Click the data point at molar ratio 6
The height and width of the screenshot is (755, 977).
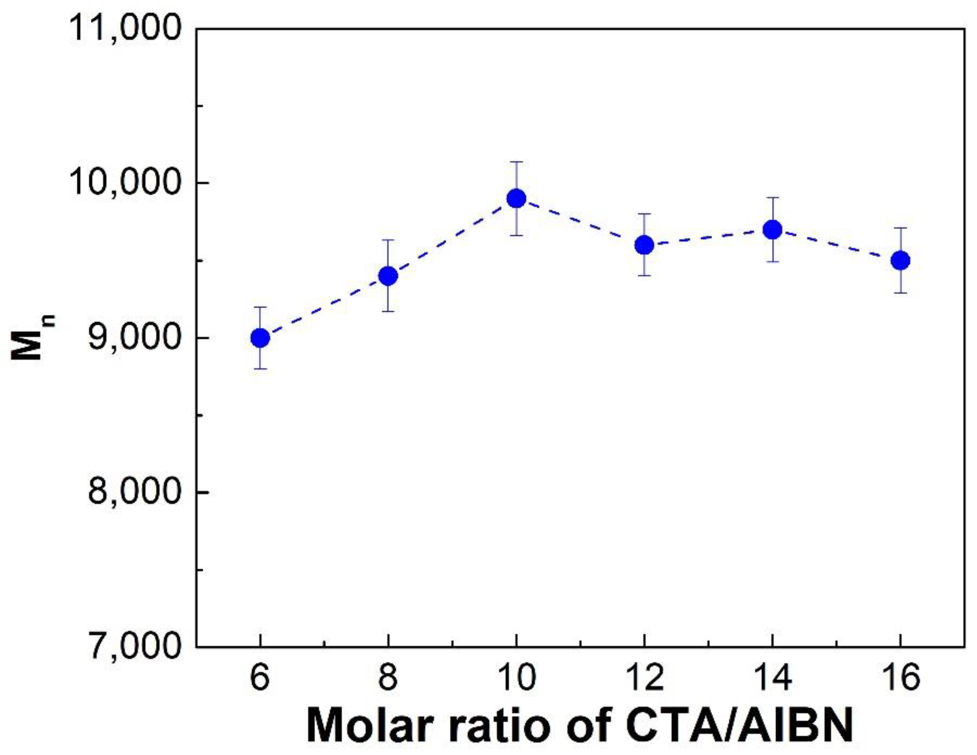[x=260, y=338]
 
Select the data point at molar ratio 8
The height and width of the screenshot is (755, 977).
[x=388, y=276]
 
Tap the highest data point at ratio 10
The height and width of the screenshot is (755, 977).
[x=516, y=198]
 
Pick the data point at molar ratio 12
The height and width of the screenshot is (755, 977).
[x=644, y=245]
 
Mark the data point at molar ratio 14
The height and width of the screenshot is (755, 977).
[x=772, y=230]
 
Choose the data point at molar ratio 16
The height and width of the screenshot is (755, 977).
[x=900, y=260]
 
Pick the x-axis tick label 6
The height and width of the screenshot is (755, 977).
[x=260, y=677]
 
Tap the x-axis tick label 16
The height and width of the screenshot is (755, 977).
[x=900, y=677]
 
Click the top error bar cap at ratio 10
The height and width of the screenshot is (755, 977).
[x=516, y=162]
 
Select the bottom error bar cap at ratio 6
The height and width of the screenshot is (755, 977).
[x=260, y=369]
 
